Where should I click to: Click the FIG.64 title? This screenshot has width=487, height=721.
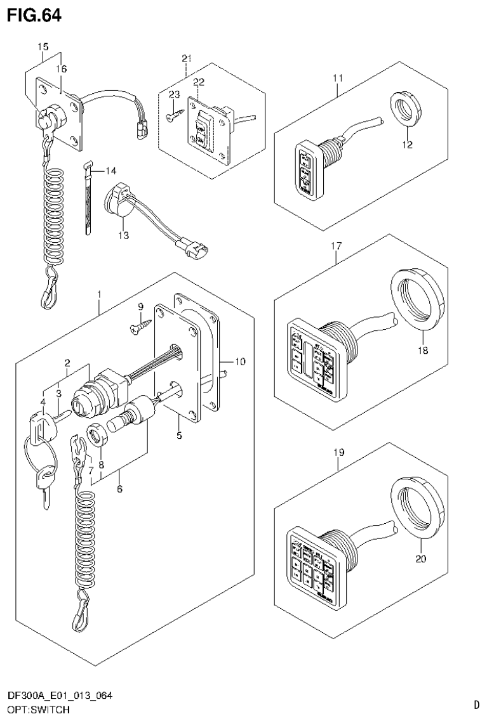[x=34, y=16]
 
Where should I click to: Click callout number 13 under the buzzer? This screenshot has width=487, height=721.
[x=123, y=235]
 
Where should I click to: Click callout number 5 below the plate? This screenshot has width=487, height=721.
[x=180, y=436]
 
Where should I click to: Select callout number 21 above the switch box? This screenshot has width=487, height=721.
[x=186, y=58]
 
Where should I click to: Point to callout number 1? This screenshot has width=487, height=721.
[x=98, y=294]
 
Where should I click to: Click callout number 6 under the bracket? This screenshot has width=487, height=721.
[x=120, y=489]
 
